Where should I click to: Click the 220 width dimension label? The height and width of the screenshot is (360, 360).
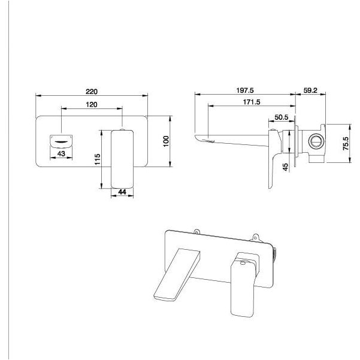(91, 92)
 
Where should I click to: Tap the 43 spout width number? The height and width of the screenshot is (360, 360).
(61, 154)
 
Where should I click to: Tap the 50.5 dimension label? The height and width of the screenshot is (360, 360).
(282, 118)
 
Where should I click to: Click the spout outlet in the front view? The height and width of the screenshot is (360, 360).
(62, 141)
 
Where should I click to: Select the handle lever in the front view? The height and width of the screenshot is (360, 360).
(123, 157)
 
